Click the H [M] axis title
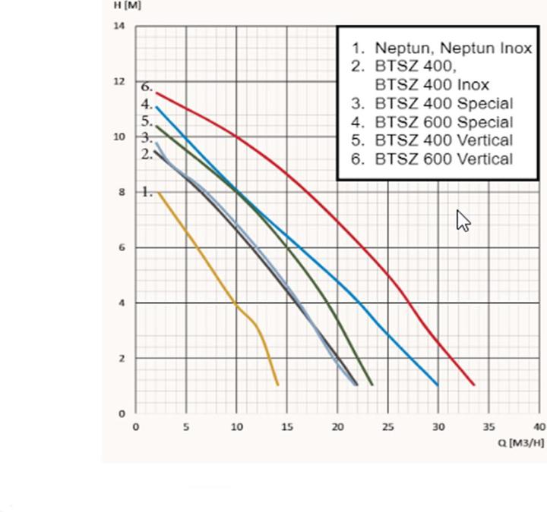click(x=127, y=5)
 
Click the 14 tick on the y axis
click(x=119, y=27)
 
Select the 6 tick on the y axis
click(x=122, y=248)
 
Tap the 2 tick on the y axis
click(x=122, y=359)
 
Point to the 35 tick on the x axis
click(x=489, y=427)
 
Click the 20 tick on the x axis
click(x=337, y=427)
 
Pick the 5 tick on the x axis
click(x=186, y=427)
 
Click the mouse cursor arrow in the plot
click(x=463, y=220)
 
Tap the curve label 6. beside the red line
click(x=147, y=86)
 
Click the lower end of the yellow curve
click(x=278, y=385)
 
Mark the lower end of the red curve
click(x=474, y=385)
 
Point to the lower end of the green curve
click(x=372, y=385)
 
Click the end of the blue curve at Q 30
click(x=438, y=385)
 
